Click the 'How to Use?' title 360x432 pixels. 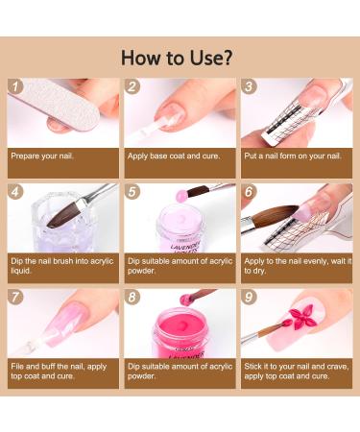pos(177,58)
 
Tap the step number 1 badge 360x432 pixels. pos(15,86)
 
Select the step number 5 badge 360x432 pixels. pos(132,192)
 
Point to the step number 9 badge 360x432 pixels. pos(249,297)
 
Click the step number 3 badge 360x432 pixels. pos(249,86)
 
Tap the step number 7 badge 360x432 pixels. pos(15,297)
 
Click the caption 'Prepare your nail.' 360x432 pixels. pos(42,156)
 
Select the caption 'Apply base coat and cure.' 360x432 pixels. pos(174,156)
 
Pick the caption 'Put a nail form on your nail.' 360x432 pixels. pos(293,156)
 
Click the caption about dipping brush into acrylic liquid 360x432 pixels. pos(62,266)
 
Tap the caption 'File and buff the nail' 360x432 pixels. pos(59,371)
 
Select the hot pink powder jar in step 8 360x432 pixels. pos(180,333)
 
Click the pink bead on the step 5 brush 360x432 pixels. pos(181,195)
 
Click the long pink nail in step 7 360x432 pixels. pos(65,324)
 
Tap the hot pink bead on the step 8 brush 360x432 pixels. pos(185,300)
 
